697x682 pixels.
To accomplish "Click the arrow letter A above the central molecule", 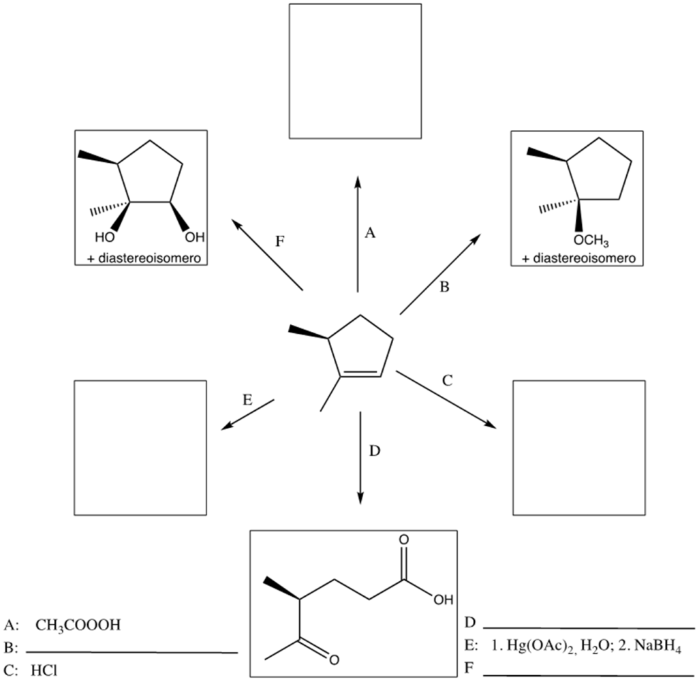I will tap(370, 234).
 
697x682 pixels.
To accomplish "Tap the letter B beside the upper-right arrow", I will tap(444, 287).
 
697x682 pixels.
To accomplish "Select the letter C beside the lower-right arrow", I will tap(447, 380).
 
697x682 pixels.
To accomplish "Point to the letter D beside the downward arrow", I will tap(373, 451).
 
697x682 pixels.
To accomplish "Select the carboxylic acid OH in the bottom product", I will tap(442, 600).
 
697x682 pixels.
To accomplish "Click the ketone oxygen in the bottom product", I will tap(332, 659).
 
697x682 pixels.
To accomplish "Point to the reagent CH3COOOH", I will tap(78, 625).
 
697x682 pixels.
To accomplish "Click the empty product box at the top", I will tap(355, 70).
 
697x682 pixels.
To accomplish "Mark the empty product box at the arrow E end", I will tap(140, 446).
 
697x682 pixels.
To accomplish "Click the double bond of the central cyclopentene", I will tap(360, 373).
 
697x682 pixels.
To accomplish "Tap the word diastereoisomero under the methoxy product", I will tap(585, 259).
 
